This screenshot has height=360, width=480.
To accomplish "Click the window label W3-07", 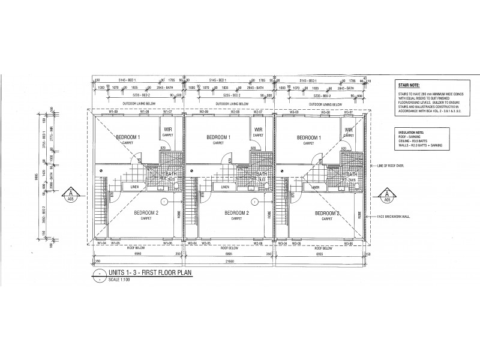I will (348, 112).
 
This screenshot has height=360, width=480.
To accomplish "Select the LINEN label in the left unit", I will (135, 187).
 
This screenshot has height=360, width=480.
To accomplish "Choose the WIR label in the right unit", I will (348, 129).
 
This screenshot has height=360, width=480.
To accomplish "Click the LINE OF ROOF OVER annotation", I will (391, 166).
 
